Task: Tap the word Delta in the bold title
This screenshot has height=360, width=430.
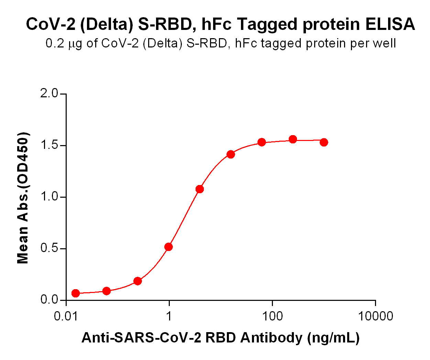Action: (x=103, y=24)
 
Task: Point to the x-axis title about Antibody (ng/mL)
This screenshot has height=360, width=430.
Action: (x=220, y=338)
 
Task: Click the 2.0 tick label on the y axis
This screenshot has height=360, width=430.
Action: (x=49, y=94)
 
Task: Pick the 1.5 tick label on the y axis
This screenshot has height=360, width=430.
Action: (x=49, y=145)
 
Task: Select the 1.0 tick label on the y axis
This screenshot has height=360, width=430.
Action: (x=49, y=197)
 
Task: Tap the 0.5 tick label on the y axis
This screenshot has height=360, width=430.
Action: (x=49, y=249)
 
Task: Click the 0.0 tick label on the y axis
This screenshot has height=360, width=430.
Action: (x=49, y=300)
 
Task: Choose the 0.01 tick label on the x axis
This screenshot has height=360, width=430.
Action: (x=66, y=316)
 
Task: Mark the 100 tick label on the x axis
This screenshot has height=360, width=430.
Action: (x=272, y=316)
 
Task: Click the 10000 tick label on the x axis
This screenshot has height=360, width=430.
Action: (x=375, y=316)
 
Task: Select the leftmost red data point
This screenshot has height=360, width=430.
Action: (x=76, y=293)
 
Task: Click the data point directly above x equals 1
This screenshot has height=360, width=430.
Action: (x=168, y=247)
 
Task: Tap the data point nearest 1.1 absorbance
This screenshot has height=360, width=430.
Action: (x=200, y=189)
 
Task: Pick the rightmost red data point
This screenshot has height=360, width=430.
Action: (x=324, y=142)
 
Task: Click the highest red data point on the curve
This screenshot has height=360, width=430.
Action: (x=293, y=139)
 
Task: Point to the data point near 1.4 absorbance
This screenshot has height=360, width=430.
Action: (x=231, y=154)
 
